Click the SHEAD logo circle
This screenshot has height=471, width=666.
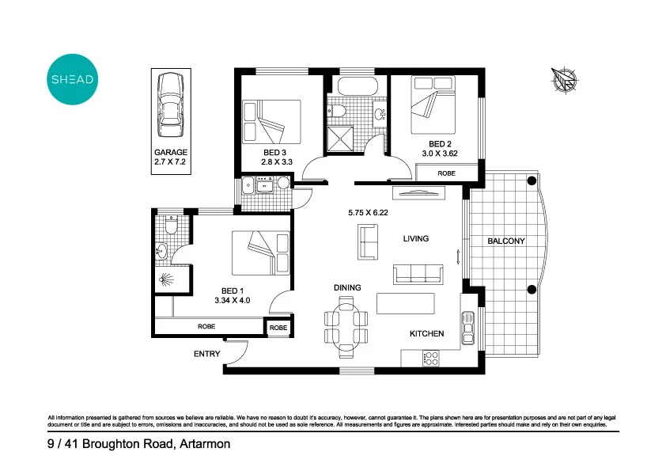pyautogui.click(x=74, y=79)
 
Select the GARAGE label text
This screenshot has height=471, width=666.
pyautogui.click(x=170, y=152)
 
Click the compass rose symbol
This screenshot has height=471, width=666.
pyautogui.click(x=565, y=80)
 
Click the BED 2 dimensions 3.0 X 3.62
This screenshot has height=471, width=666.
pyautogui.click(x=440, y=154)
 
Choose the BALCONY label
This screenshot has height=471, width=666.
pyautogui.click(x=506, y=241)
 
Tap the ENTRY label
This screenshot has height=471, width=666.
pyautogui.click(x=207, y=354)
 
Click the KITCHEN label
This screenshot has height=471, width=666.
pyautogui.click(x=426, y=334)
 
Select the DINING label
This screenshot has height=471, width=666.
pyautogui.click(x=347, y=288)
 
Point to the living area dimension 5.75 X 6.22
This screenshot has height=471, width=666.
pyautogui.click(x=372, y=213)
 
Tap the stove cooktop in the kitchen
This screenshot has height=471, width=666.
pyautogui.click(x=432, y=358)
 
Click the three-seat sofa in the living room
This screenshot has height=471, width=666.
pyautogui.click(x=418, y=274)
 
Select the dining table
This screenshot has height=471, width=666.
pyautogui.click(x=346, y=323)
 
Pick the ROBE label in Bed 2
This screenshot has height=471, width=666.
pyautogui.click(x=447, y=173)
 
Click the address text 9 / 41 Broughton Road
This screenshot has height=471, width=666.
pyautogui.click(x=138, y=444)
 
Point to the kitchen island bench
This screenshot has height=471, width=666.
pyautogui.click(x=407, y=304)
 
